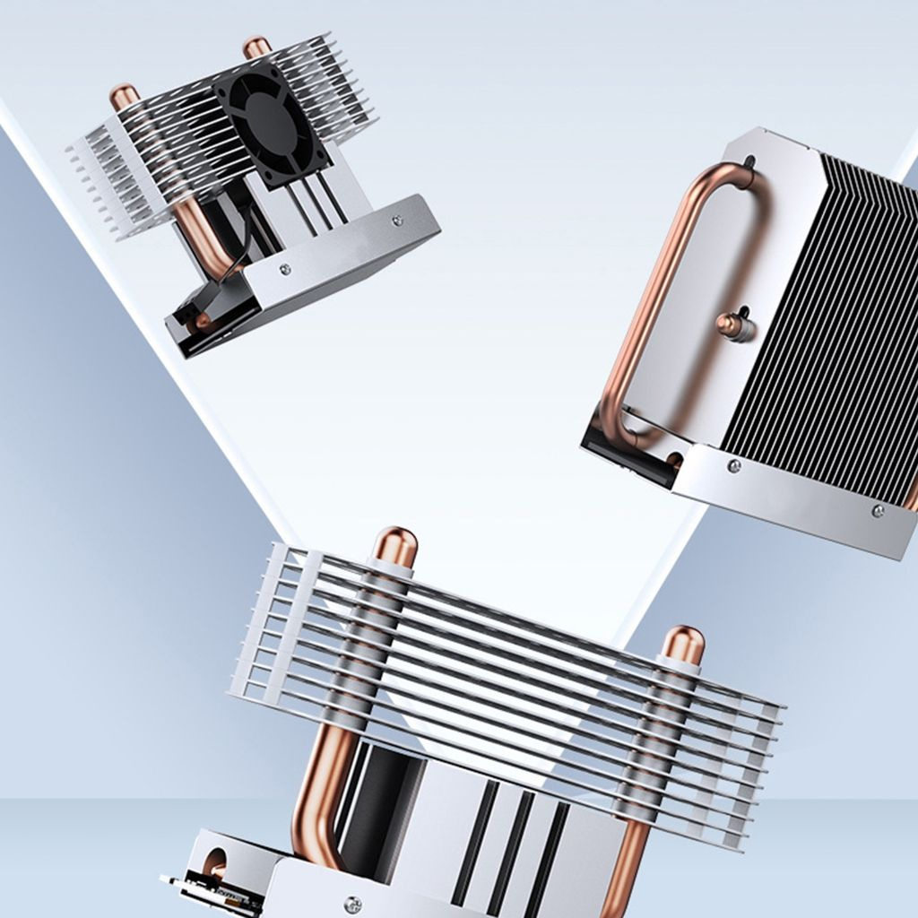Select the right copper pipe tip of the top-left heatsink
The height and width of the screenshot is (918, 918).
coord(256,47)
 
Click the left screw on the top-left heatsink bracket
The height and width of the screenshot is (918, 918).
coord(285,268)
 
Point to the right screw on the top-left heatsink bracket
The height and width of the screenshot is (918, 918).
coord(397,218)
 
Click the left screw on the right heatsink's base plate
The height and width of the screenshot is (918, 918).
coord(734,466)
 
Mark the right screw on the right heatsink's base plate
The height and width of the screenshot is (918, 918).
coord(878,511)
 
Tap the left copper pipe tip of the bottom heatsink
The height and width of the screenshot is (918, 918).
coord(395,545)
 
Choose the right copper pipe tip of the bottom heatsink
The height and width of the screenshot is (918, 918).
coord(683,644)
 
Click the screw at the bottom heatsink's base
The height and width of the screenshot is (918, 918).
coord(355,904)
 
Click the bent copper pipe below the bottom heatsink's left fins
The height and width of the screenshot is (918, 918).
coord(318,789)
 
